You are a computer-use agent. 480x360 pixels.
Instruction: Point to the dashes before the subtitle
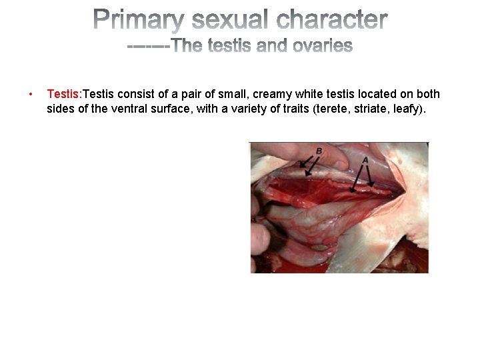pyautogui.click(x=148, y=46)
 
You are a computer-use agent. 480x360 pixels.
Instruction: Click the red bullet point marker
pyautogui.click(x=30, y=95)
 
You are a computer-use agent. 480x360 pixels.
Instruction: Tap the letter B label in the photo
pyautogui.click(x=319, y=151)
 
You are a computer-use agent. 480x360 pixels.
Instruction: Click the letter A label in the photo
pyautogui.click(x=364, y=160)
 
